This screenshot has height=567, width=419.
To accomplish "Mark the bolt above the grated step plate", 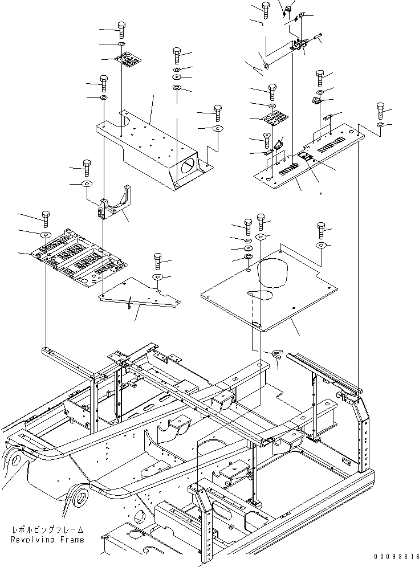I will coord(46,217).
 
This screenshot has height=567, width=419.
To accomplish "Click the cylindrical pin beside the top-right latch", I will coord(318,39).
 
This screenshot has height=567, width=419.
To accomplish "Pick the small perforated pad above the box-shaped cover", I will coord(129,59).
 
